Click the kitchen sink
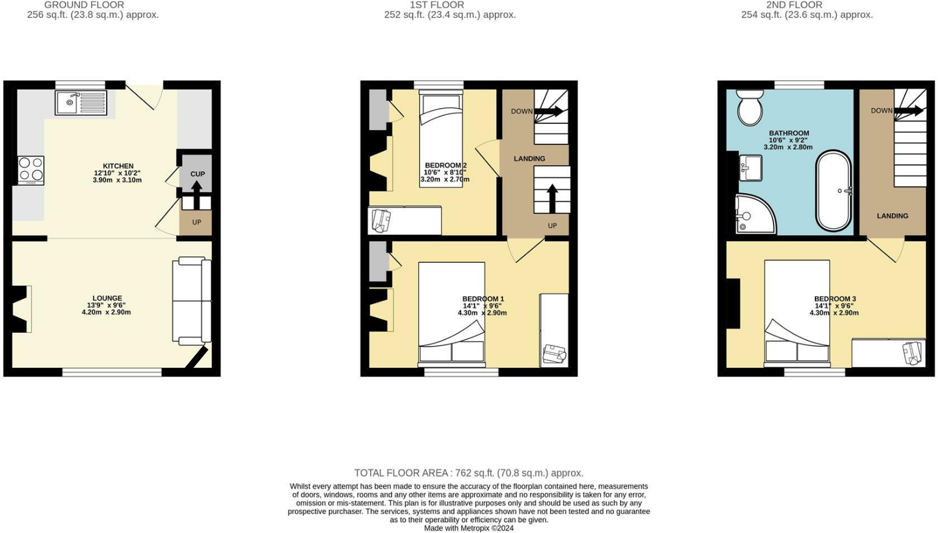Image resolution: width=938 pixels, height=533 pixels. coord(81,103)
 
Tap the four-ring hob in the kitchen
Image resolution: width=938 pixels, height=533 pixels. coord(31,171)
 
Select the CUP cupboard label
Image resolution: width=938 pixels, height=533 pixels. coord(198,174)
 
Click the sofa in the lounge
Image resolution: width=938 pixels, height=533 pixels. coord(192,300)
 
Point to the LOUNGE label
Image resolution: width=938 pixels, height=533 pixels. coord(107,298)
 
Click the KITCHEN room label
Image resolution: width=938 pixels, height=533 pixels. coord(118,166)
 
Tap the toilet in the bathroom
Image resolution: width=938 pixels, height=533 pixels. coord(751,107)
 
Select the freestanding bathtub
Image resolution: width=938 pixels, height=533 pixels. coord(834,191)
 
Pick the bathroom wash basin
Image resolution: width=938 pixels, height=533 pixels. coord(751,167)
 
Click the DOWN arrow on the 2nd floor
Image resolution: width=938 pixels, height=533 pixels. coord(909,110)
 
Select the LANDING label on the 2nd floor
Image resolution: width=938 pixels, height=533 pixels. coord(892,216)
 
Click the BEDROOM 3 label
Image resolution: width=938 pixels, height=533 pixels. coord(835,299)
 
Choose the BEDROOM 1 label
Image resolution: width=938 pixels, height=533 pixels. coord(483,299)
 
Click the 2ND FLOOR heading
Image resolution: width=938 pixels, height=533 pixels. coord(794,5)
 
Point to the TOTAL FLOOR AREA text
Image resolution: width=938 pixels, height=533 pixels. coord(468,473)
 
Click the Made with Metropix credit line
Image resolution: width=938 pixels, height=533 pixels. coord(468,528)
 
